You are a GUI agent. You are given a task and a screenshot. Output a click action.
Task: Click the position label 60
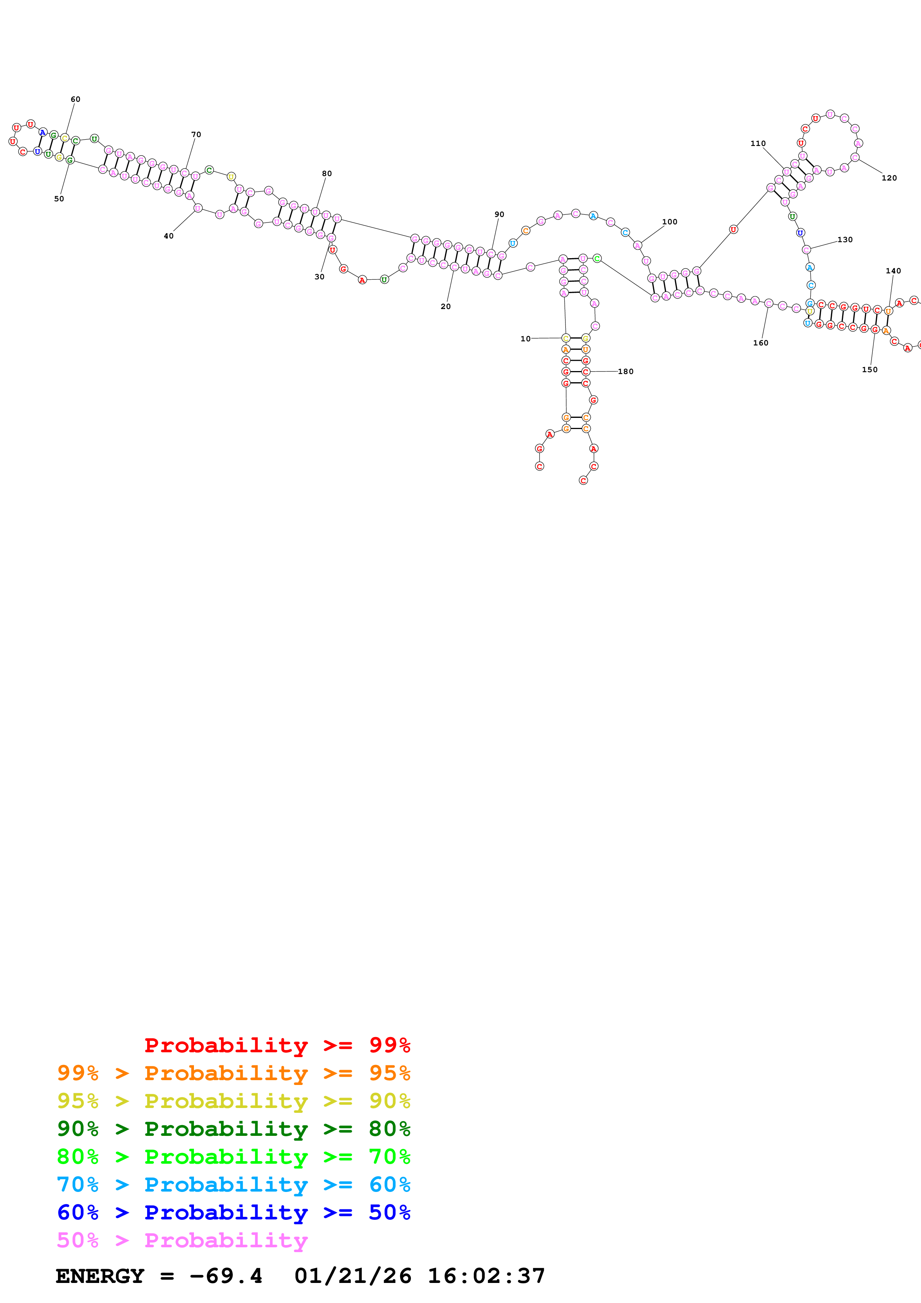pyautogui.click(x=75, y=99)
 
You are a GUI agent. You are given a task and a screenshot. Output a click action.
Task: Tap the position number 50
pyautogui.click(x=59, y=199)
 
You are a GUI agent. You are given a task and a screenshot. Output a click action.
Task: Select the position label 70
pyautogui.click(x=196, y=134)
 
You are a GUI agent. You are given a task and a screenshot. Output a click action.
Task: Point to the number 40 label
pyautogui.click(x=169, y=236)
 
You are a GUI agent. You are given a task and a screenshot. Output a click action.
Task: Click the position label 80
pyautogui.click(x=327, y=174)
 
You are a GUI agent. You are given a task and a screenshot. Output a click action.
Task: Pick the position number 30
pyautogui.click(x=320, y=277)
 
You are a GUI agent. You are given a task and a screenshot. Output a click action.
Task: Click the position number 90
pyautogui.click(x=499, y=215)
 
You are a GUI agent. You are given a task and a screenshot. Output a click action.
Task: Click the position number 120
pyautogui.click(x=889, y=178)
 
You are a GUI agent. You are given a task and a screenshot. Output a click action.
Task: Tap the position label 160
pyautogui.click(x=761, y=343)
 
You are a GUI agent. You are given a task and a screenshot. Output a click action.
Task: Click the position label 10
pyautogui.click(x=525, y=339)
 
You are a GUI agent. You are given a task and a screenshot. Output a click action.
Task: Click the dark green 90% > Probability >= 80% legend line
pyautogui.click(x=233, y=1129)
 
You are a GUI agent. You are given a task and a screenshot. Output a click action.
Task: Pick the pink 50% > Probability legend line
pyautogui.click(x=182, y=1241)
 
